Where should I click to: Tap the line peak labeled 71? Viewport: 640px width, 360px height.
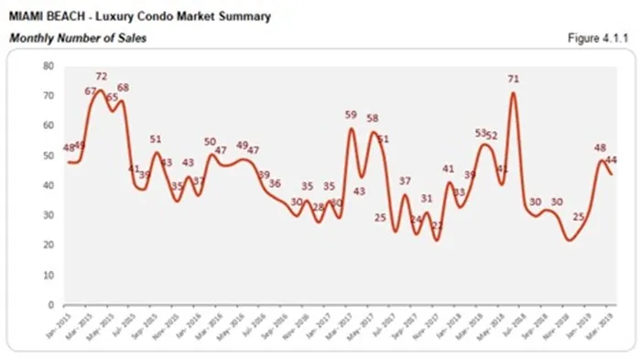514,93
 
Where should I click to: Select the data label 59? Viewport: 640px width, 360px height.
352,115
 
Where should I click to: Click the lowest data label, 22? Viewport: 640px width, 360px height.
438,225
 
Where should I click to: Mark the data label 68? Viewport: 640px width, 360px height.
124,88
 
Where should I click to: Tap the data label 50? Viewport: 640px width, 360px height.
210,142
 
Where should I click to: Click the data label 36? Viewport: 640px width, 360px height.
275,183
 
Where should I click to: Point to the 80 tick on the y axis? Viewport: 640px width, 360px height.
48,66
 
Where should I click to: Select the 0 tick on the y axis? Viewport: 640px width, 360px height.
50,305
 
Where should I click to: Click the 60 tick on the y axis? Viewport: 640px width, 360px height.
48,125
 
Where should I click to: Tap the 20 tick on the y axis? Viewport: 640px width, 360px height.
48,245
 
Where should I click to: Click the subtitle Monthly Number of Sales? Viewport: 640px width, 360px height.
77,38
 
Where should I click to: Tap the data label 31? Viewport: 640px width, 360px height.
427,198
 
